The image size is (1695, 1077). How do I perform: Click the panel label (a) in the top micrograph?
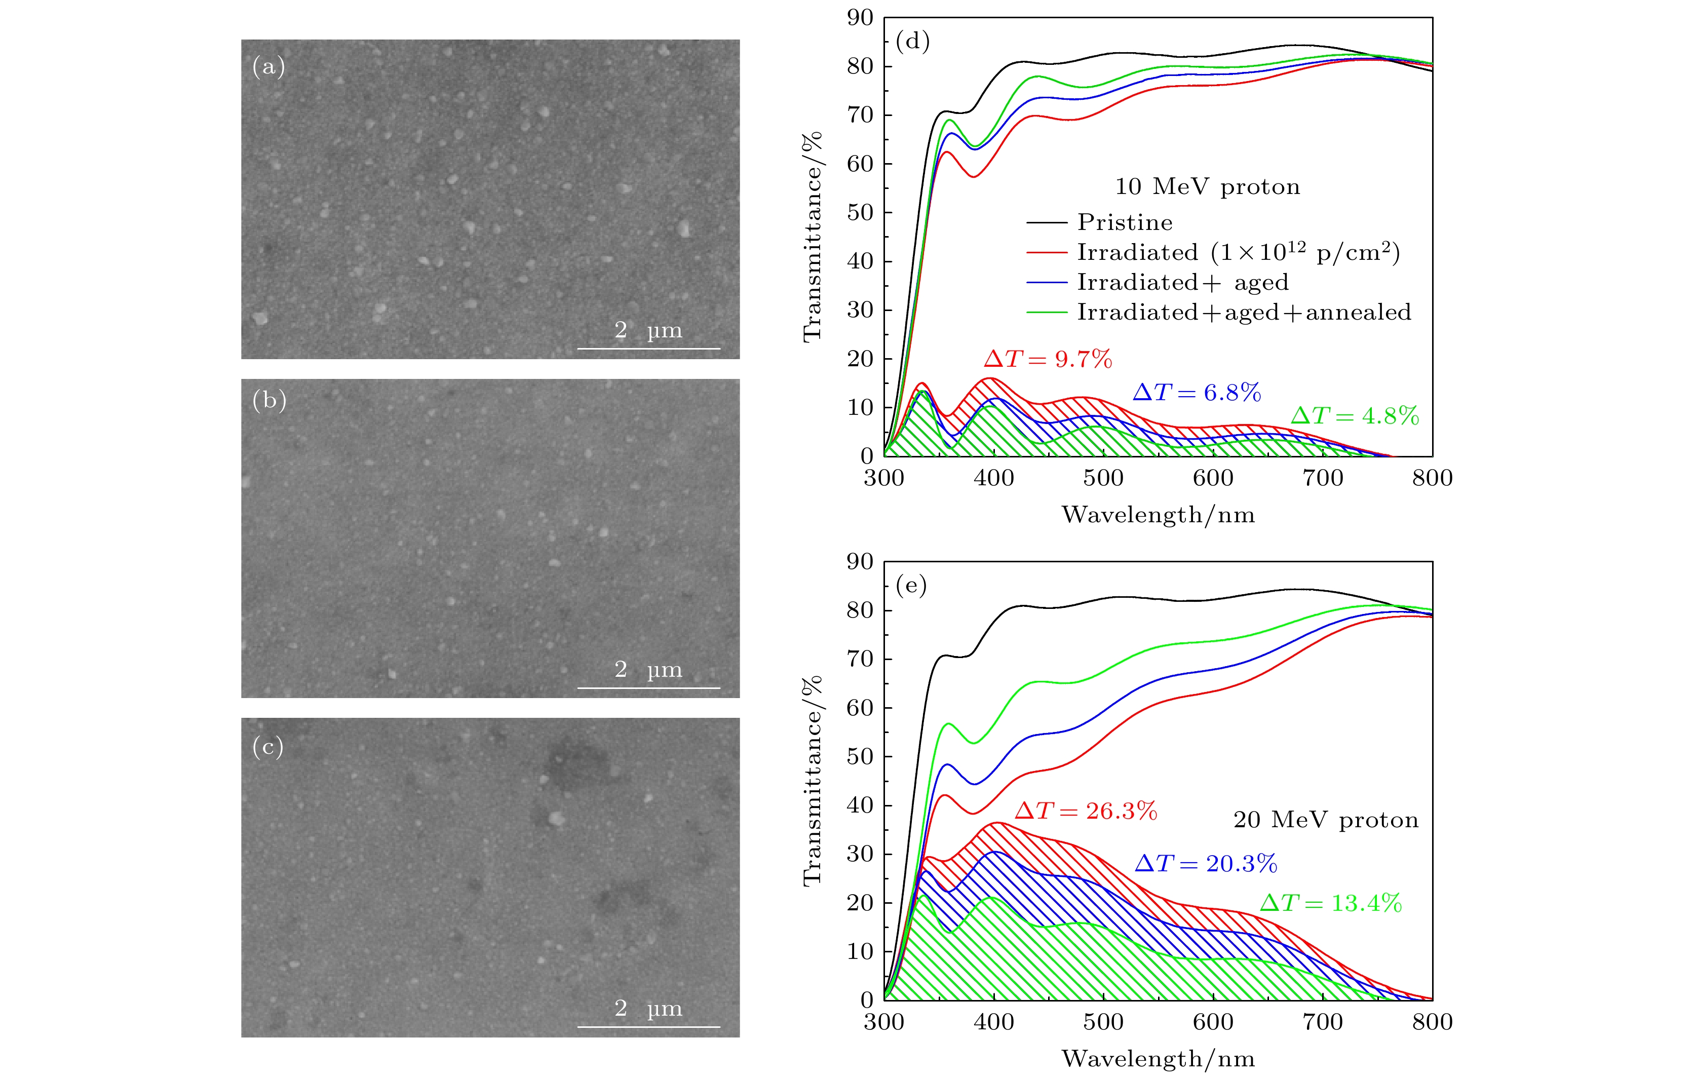point(268,67)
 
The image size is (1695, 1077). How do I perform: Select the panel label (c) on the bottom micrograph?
point(267,746)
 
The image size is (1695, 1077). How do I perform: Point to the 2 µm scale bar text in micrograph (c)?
point(648,1008)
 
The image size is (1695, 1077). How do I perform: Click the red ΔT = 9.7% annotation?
point(1048,359)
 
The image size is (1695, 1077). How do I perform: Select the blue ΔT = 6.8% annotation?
point(1197,392)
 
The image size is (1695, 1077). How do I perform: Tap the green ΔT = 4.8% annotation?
point(1354,415)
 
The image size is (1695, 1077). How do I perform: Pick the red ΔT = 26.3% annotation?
point(1086,811)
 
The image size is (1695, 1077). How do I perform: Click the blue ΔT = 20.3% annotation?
point(1206,863)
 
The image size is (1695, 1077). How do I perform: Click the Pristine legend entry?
point(1125,222)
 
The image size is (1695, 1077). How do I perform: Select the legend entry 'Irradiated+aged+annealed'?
point(1244,312)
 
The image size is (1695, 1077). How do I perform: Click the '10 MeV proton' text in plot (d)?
point(1207,186)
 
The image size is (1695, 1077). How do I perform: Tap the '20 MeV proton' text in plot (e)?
point(1325,820)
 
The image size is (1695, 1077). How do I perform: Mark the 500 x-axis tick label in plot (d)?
point(1103,478)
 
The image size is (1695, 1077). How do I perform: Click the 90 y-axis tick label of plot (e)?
point(860,562)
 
